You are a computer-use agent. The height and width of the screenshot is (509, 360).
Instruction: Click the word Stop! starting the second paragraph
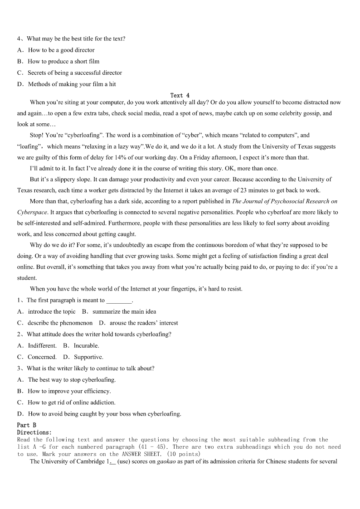36,135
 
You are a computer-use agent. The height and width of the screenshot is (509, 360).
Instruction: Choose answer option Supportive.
88,357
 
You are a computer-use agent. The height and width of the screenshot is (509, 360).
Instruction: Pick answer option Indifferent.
42,346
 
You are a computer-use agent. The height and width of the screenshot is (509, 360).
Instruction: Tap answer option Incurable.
86,346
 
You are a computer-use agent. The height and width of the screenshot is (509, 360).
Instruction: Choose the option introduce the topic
52,312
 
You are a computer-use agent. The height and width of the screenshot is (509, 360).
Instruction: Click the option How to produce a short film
63,62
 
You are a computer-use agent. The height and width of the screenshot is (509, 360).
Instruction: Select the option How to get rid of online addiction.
72,402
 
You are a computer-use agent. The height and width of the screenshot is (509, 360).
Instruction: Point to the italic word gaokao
163,462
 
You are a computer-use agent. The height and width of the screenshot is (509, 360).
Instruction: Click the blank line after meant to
119,301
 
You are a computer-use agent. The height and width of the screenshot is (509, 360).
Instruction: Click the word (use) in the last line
125,462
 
